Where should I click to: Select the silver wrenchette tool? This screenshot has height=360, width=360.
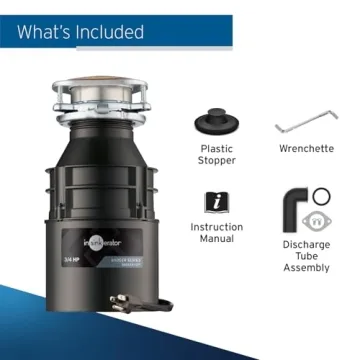308,127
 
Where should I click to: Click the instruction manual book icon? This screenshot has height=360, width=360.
217,200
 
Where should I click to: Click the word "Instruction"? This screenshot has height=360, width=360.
217,227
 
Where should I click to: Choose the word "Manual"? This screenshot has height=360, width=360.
217,240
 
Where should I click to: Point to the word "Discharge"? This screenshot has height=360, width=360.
307,244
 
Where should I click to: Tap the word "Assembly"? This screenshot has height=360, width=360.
307,269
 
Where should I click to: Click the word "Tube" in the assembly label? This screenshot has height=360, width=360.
307,256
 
